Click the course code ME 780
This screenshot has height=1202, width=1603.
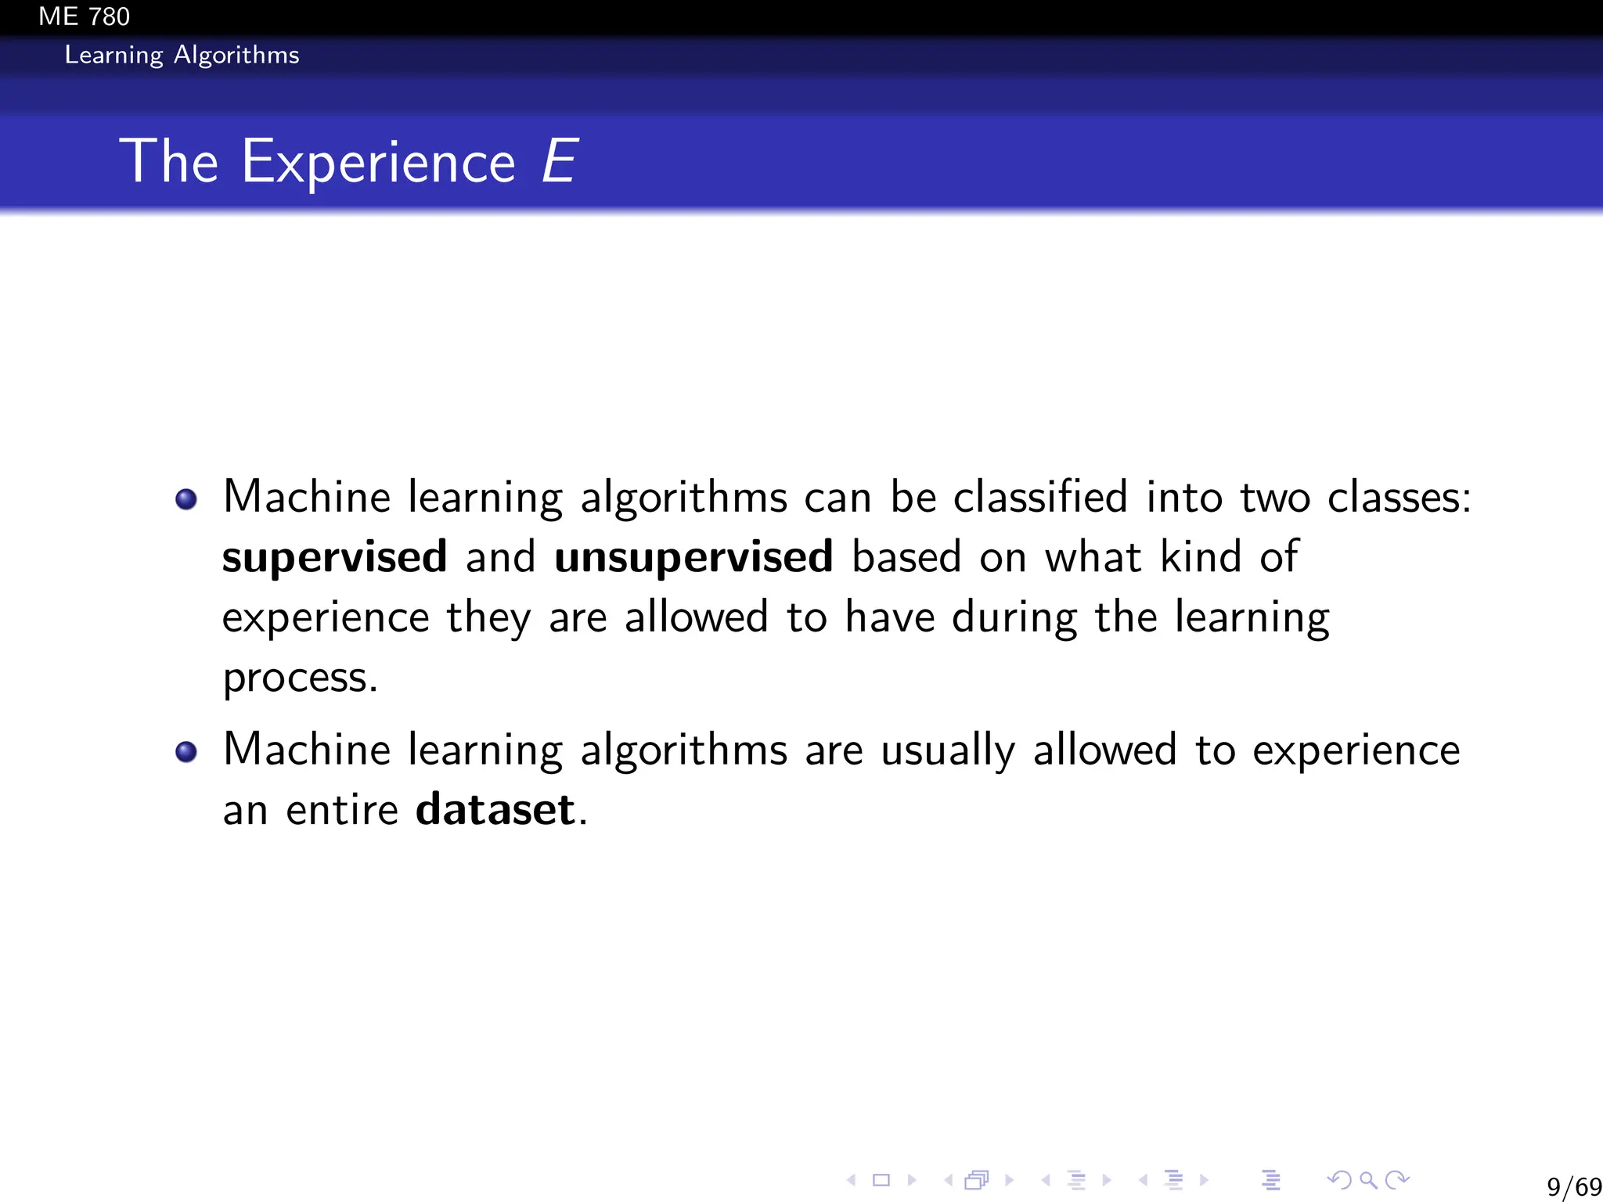pos(84,16)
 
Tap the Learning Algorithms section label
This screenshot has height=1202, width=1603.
pos(182,55)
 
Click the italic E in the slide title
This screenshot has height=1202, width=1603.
pos(560,162)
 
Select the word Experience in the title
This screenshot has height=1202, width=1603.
pos(378,162)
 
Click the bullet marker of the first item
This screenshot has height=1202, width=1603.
pos(186,498)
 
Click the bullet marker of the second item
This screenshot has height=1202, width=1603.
pos(186,752)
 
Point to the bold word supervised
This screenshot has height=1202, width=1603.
pos(334,557)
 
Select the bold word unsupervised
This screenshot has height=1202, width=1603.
pos(693,557)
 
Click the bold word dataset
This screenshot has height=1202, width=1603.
pos(495,809)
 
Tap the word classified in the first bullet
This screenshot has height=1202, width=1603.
pos(1040,497)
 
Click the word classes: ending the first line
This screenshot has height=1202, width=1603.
pos(1399,497)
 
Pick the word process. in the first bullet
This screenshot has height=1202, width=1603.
pos(300,677)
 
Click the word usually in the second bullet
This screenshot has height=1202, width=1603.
pos(948,750)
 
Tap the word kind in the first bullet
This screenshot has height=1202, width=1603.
pos(1200,557)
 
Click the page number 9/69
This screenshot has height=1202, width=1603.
pos(1573,1186)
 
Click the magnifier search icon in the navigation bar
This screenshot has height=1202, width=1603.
pos(1368,1179)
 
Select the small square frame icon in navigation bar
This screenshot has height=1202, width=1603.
pos(881,1179)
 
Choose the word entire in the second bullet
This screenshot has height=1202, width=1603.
pos(342,809)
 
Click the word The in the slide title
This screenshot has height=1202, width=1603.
pos(168,162)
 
